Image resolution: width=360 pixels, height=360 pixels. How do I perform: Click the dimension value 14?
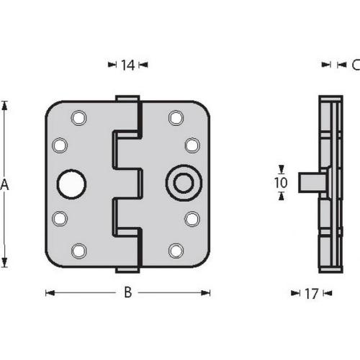[127, 66]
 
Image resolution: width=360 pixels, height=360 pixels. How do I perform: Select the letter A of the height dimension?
[4, 185]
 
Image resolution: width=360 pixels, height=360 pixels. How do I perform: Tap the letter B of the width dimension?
[127, 292]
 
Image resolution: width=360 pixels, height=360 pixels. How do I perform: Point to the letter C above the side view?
[355, 66]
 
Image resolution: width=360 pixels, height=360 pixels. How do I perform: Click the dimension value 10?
[281, 183]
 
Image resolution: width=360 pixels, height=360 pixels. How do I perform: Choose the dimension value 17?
[311, 293]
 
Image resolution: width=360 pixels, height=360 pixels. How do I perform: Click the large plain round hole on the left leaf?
[72, 184]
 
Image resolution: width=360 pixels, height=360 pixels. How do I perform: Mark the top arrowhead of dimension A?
[4, 105]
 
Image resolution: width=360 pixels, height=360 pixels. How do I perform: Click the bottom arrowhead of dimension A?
[4, 264]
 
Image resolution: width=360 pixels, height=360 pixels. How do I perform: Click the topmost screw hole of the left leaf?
[78, 117]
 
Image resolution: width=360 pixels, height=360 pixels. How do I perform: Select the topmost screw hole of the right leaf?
[175, 117]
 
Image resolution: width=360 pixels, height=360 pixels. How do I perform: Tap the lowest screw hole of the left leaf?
[78, 251]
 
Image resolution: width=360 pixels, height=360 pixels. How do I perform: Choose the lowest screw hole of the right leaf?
[175, 251]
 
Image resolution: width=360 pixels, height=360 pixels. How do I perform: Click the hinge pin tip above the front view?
[127, 98]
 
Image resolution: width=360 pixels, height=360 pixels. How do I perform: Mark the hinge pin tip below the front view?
[127, 271]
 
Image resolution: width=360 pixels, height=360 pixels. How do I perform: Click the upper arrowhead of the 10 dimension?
[281, 170]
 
